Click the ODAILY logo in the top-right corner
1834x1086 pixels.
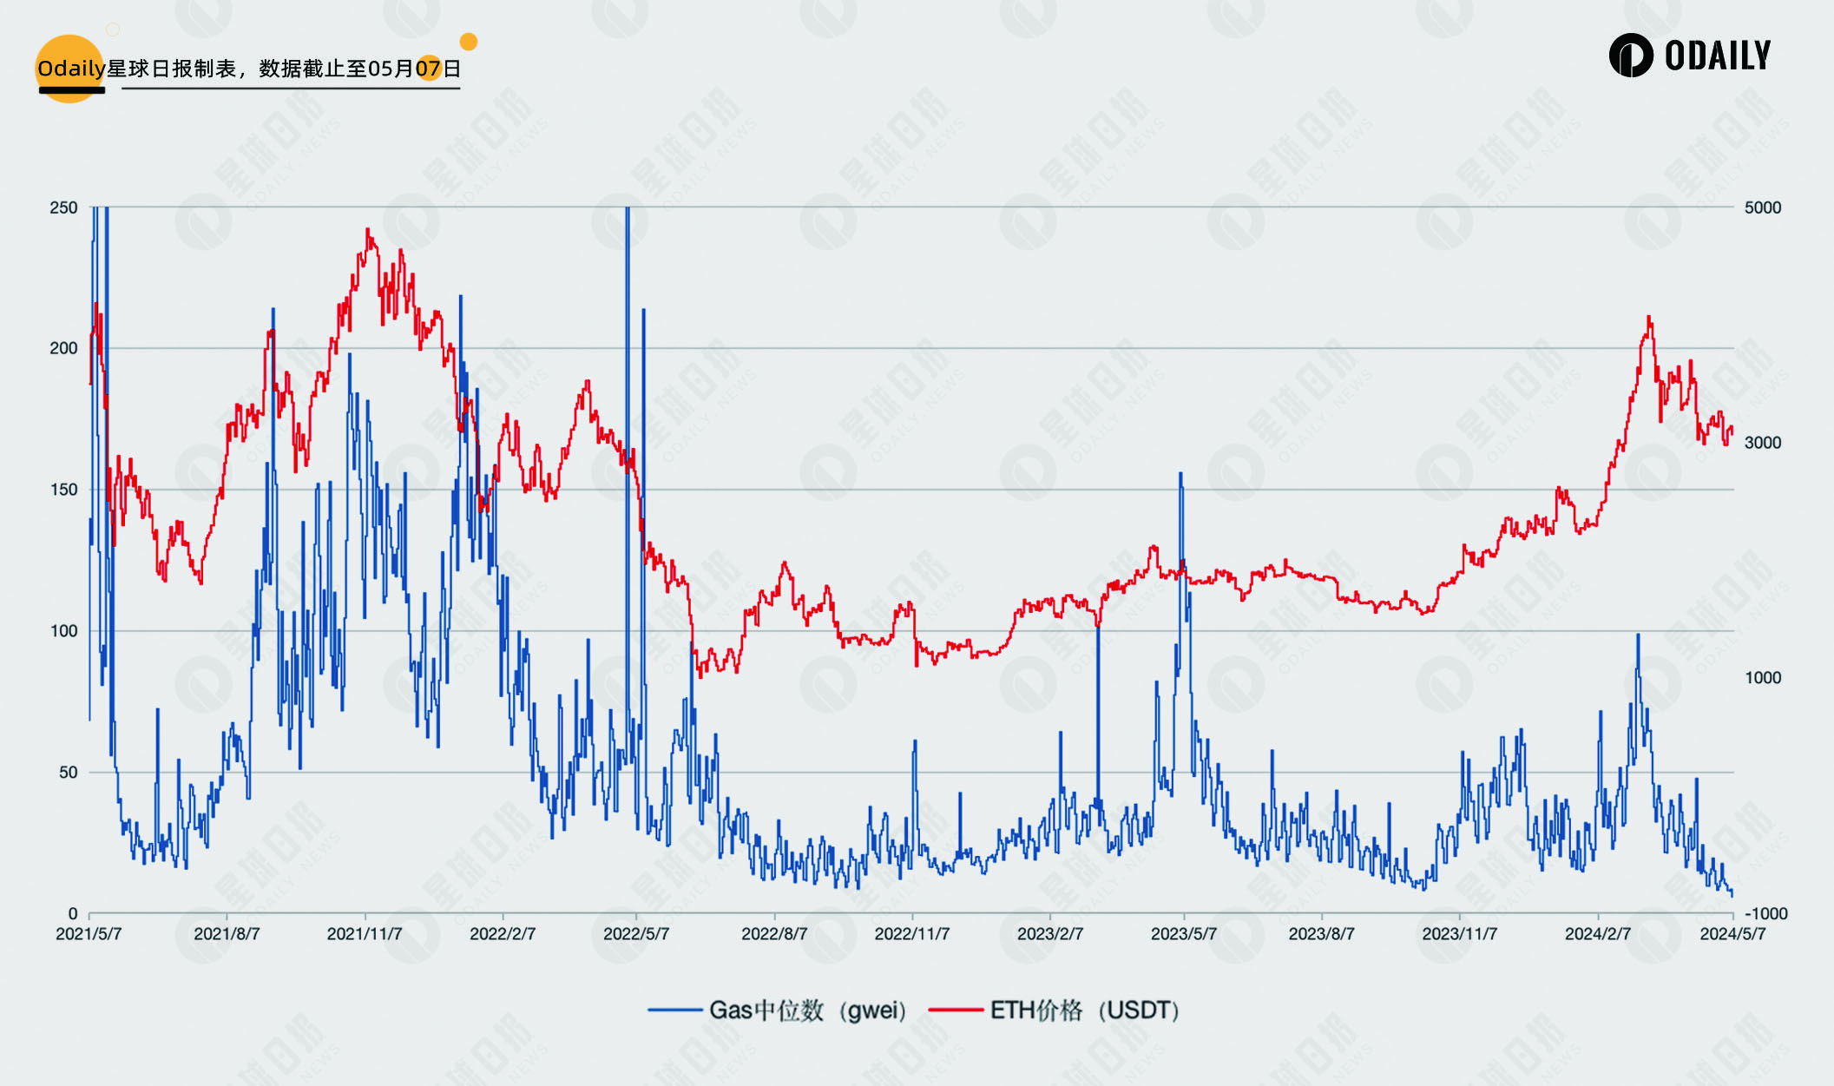[x=1689, y=56]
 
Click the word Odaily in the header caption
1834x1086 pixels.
[x=71, y=69]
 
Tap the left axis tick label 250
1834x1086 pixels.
[x=63, y=207]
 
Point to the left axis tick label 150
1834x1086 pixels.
[x=63, y=490]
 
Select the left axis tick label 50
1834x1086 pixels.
[x=68, y=773]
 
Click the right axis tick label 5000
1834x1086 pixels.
[x=1762, y=207]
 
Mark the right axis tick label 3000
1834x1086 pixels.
[x=1762, y=443]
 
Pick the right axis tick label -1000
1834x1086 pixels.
[x=1765, y=913]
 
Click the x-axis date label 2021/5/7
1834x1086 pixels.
[x=89, y=934]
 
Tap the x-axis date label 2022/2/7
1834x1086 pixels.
[x=503, y=934]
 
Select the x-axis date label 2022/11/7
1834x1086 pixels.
[x=912, y=934]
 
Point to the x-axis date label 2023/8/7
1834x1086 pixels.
[x=1321, y=934]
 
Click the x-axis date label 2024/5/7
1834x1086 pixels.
[x=1732, y=934]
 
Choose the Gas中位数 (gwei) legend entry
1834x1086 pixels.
[x=778, y=1010]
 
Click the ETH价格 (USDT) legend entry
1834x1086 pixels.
[x=1055, y=1010]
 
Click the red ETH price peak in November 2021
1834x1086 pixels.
[x=368, y=230]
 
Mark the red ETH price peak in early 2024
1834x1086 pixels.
[x=1648, y=318]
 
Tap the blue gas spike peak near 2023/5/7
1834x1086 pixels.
[x=1180, y=474]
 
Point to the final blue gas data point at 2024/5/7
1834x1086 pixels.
[x=1732, y=894]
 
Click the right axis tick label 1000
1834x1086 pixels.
[x=1762, y=678]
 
